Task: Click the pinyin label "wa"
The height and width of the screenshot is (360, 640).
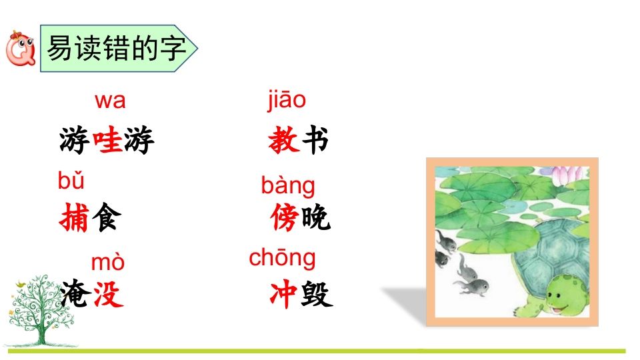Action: (x=110, y=101)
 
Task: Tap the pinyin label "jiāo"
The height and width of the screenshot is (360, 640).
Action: (x=287, y=100)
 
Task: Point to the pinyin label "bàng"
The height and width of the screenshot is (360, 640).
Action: (x=288, y=186)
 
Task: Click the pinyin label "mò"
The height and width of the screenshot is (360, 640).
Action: (x=107, y=263)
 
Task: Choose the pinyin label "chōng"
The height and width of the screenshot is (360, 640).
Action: (x=282, y=258)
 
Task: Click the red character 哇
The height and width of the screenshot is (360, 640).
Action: (x=107, y=141)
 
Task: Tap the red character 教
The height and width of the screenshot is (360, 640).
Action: (x=283, y=141)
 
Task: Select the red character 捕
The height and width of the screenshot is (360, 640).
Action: (x=73, y=218)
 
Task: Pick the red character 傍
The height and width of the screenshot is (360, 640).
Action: (x=285, y=218)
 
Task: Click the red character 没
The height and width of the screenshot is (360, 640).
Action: (x=107, y=294)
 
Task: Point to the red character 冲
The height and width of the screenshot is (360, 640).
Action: (x=283, y=294)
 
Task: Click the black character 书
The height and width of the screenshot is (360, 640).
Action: (x=315, y=141)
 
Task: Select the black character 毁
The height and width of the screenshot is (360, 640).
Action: (x=316, y=294)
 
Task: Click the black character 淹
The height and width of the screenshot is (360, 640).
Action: (x=74, y=294)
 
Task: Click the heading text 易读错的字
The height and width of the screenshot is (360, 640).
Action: (x=116, y=49)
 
